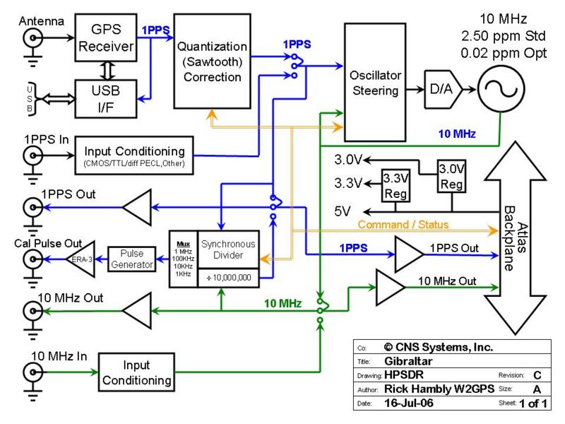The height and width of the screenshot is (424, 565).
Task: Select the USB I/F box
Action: click(106, 99)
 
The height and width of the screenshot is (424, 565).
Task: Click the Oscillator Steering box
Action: click(374, 83)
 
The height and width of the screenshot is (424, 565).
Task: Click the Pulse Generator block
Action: click(131, 259)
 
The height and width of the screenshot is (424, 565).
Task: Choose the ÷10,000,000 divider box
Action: click(227, 278)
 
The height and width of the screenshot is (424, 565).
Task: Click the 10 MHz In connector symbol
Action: click(32, 372)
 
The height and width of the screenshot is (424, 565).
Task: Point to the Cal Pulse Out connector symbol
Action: click(32, 260)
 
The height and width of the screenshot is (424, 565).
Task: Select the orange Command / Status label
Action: click(403, 225)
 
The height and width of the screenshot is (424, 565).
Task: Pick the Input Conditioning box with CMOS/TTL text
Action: click(134, 155)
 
